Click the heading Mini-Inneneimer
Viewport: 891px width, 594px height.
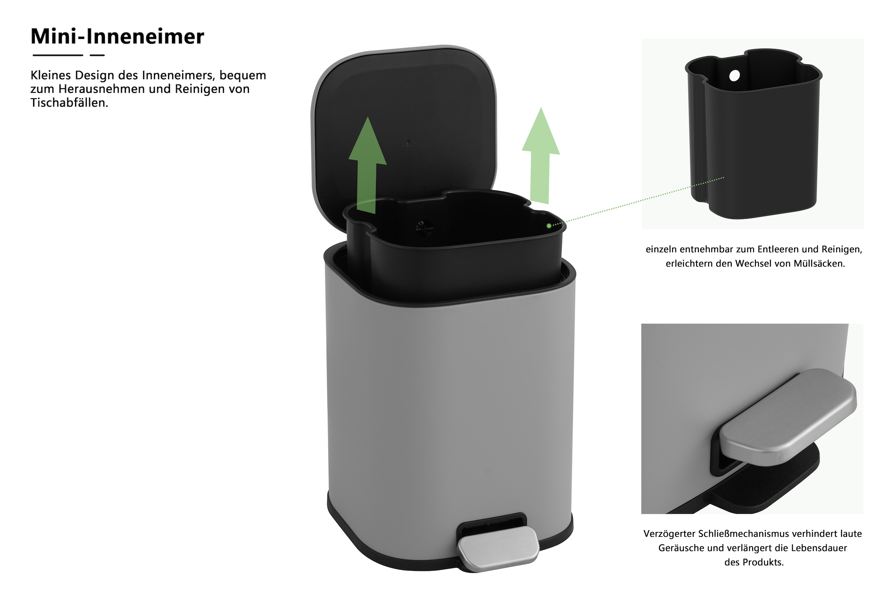coord(117,37)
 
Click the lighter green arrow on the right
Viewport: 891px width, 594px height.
coord(540,156)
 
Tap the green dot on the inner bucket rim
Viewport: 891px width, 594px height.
coord(549,226)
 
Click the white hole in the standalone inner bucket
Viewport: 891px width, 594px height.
coord(734,76)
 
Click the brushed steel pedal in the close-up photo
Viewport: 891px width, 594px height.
coord(788,417)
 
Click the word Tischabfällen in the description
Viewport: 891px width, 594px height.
coord(69,103)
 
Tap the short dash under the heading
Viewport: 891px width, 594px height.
coord(97,55)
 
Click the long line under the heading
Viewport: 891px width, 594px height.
coord(58,55)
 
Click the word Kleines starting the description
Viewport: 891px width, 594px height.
coord(50,75)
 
